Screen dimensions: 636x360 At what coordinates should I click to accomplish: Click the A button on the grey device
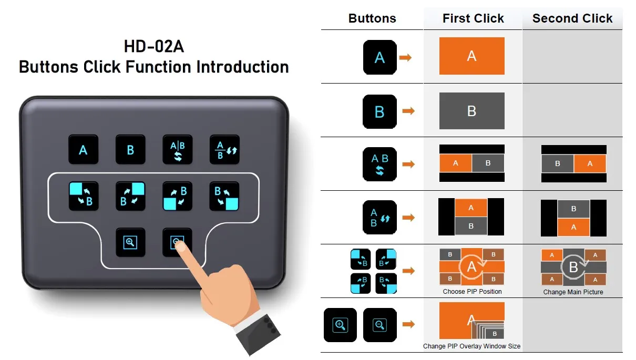pos(83,150)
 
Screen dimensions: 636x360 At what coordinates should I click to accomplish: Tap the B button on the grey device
pos(130,150)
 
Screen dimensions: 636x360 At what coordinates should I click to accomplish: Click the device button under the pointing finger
pos(177,242)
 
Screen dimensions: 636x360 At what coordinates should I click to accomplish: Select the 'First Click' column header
pos(473,19)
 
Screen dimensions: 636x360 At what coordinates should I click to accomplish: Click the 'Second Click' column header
pos(572,19)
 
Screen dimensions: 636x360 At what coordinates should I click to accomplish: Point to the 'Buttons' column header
pos(372,19)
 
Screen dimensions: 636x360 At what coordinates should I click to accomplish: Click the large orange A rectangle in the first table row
pos(471,56)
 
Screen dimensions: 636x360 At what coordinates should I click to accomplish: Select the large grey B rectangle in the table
pos(471,111)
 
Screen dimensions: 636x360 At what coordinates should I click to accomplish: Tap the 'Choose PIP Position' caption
pos(472,292)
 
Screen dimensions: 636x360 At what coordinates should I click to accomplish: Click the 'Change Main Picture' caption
pos(573,292)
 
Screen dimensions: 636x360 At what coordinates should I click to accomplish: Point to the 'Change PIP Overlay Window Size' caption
pos(472,346)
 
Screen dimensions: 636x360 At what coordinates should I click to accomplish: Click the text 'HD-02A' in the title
pos(153,47)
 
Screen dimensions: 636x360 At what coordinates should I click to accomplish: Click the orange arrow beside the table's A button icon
pos(405,57)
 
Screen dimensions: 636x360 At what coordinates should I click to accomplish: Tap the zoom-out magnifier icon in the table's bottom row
pos(379,325)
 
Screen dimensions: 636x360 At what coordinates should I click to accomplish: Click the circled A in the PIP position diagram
pos(471,267)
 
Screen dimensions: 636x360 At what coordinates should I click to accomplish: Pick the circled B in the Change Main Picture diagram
pos(573,268)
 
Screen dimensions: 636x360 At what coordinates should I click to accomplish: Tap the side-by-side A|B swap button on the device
pos(177,150)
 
